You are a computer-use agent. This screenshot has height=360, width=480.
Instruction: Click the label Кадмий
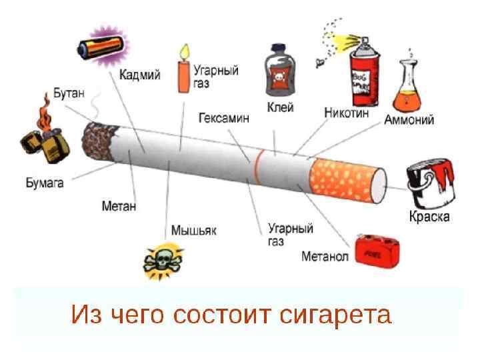pyautogui.click(x=140, y=75)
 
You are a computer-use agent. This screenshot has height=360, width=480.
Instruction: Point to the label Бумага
pyautogui.click(x=45, y=181)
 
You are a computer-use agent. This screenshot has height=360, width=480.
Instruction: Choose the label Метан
pyautogui.click(x=119, y=206)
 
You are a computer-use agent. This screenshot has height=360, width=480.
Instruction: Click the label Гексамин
pyautogui.click(x=224, y=118)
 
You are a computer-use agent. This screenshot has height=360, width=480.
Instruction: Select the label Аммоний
pyautogui.click(x=409, y=120)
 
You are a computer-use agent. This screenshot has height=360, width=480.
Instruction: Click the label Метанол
pyautogui.click(x=325, y=256)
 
